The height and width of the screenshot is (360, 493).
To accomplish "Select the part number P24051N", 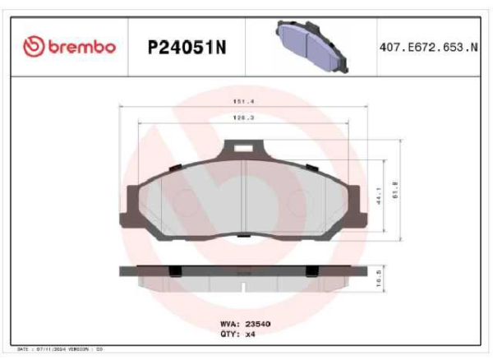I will [186, 48].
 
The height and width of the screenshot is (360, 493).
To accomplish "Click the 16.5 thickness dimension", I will [378, 280].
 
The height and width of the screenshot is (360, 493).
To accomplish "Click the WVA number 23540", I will [257, 324].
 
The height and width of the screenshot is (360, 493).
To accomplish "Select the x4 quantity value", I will [251, 335].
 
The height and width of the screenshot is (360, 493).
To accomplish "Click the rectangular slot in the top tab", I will [244, 149].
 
